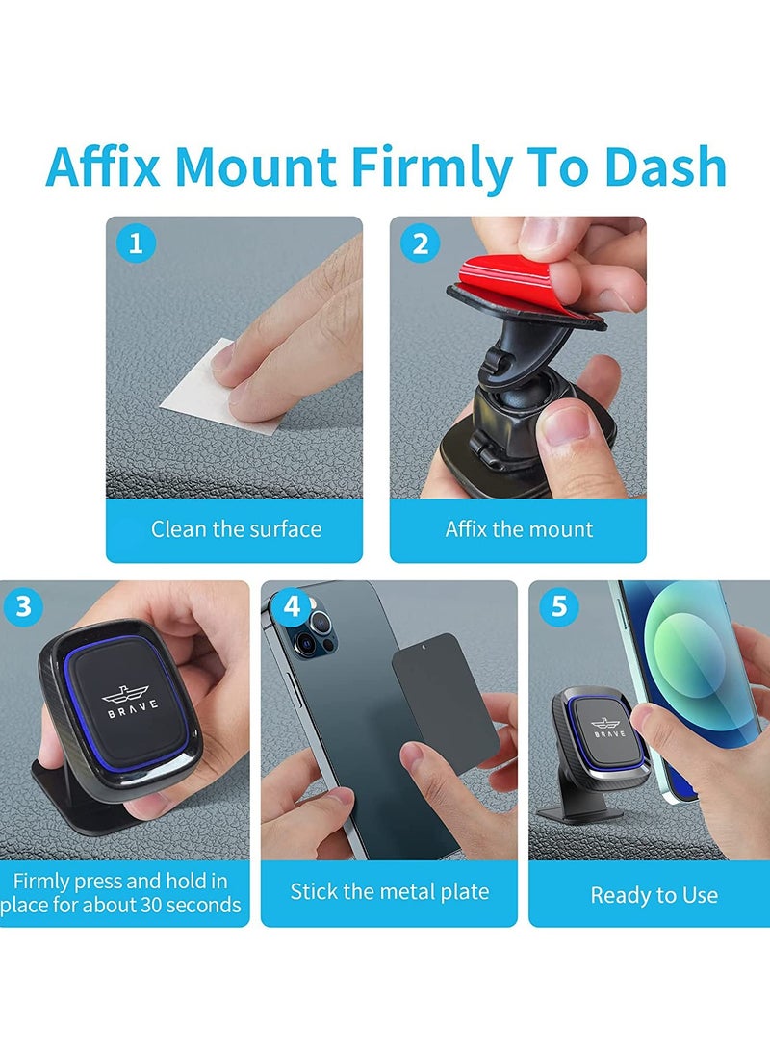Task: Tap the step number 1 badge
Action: point(136,243)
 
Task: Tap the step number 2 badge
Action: point(420,243)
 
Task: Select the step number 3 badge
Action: point(24,607)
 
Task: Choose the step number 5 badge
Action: point(558,607)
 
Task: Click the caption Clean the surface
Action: point(236,528)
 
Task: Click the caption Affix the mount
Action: point(519,528)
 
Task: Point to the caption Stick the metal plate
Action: point(390,891)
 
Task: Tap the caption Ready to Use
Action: point(654,895)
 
